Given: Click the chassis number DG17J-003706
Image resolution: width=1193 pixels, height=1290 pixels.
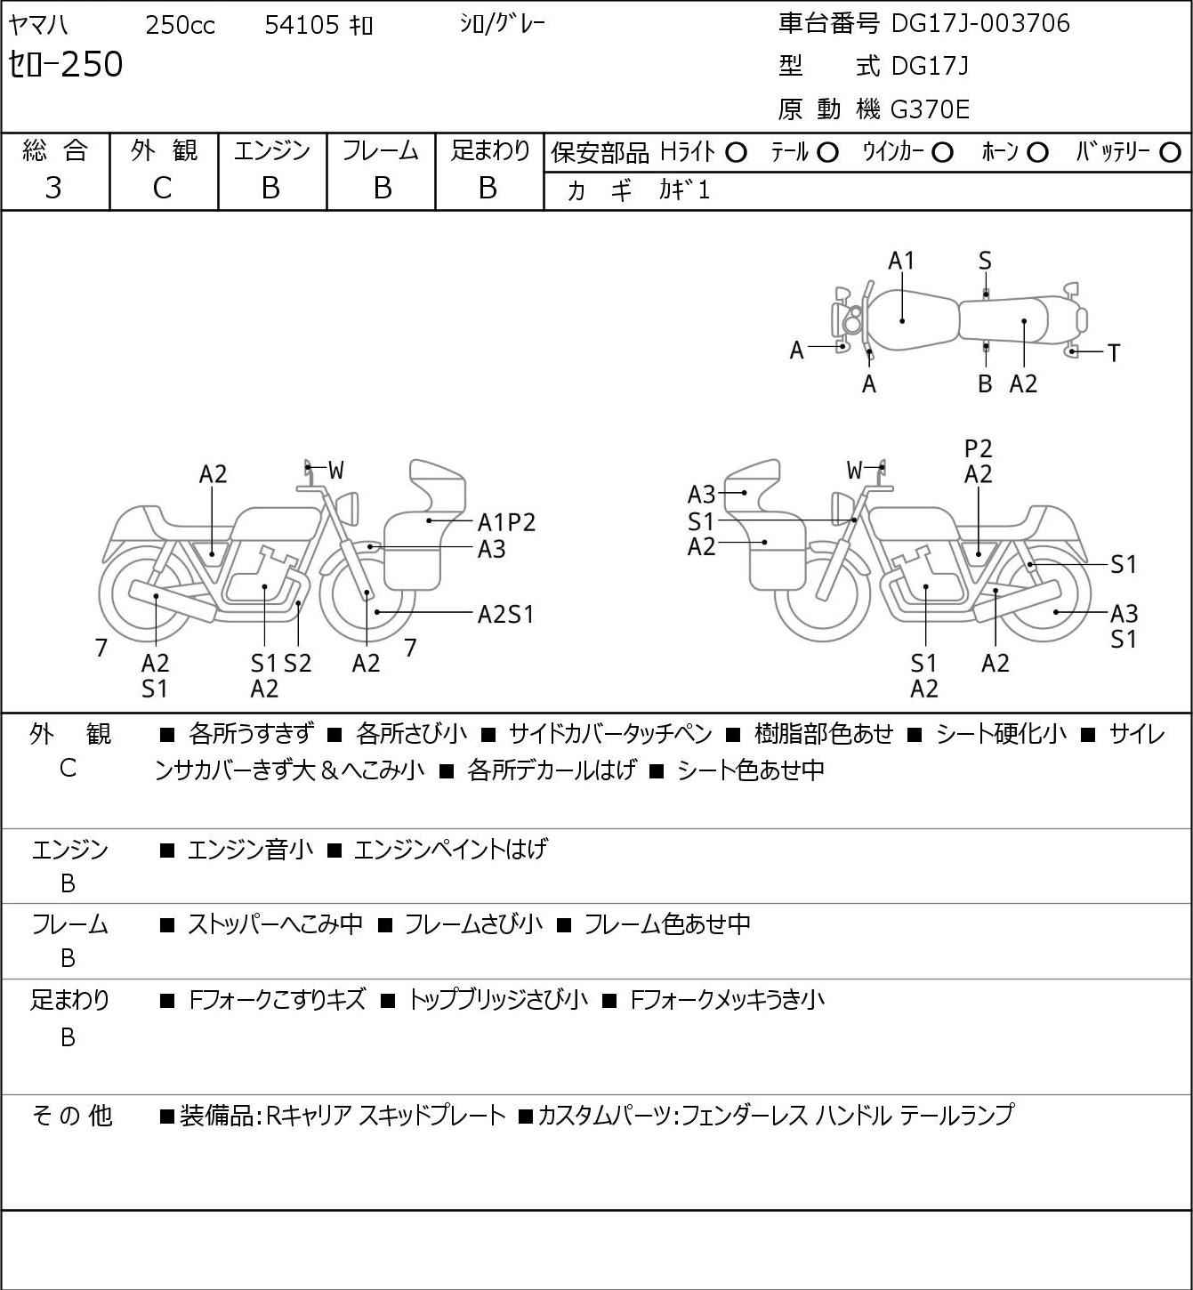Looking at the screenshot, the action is coord(979,23).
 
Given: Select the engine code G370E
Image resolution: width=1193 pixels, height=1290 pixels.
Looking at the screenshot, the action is coord(929,109).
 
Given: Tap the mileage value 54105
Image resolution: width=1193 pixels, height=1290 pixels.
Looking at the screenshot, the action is coord(302,25).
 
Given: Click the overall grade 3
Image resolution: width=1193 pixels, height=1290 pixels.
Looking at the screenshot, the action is coord(53,188).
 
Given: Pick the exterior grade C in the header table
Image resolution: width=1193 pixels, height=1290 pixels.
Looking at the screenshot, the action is coord(162,189).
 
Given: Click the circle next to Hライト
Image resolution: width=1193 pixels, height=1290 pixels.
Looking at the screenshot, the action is coord(736,153).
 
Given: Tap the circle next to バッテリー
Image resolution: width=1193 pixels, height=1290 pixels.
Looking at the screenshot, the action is coord(1170,153).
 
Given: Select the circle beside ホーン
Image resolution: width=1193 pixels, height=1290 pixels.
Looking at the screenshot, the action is coord(1037,153).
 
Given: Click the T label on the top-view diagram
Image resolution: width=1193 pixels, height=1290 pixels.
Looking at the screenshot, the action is coord(1114,353).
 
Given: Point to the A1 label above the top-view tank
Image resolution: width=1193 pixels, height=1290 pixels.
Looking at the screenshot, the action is coord(901,262).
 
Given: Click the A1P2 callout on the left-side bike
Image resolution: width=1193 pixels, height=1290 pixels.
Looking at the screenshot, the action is coord(506,522).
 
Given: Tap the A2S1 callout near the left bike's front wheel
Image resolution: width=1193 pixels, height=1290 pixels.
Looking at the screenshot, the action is coord(505,614).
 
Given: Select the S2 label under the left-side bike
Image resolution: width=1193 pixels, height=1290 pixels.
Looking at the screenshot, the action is coord(298,663).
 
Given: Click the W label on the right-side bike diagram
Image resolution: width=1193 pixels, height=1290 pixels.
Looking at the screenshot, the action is coord(854,471).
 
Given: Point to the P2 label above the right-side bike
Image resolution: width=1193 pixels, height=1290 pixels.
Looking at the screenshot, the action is coord(978,449).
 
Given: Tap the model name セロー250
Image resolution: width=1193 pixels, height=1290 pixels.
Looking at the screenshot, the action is coord(66,65).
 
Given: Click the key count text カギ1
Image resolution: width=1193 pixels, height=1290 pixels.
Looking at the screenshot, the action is coord(683,190).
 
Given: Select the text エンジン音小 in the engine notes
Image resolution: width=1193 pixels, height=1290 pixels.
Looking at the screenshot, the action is coord(250,850).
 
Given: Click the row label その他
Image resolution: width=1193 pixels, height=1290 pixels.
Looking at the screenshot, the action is coord(71,1116).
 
